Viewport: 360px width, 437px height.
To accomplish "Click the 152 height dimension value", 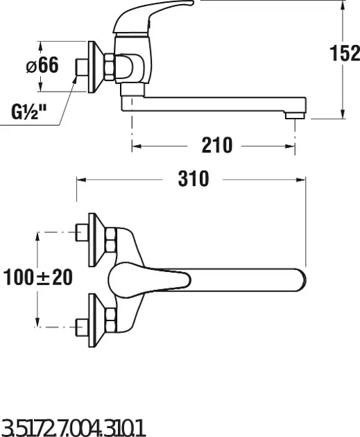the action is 345,53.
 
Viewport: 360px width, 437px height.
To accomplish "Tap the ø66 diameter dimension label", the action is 42,65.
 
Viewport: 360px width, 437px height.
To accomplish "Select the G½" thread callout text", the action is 28,112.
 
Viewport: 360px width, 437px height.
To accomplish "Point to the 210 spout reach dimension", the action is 217,145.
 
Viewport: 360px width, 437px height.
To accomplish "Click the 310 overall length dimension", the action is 194,179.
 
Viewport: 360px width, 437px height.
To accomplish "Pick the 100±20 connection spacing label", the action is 38,277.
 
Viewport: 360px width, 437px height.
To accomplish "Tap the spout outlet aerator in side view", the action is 295,115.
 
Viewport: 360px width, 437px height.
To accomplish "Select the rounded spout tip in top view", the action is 301,280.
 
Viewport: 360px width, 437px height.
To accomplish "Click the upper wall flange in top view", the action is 96,240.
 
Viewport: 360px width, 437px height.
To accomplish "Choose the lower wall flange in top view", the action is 96,320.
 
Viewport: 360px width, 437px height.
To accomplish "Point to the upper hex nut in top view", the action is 110,240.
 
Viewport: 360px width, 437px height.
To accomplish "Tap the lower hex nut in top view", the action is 110,320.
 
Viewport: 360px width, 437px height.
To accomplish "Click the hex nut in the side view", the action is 110,67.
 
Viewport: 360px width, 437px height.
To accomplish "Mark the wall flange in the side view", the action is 96,67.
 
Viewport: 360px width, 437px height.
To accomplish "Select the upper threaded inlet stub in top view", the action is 83,232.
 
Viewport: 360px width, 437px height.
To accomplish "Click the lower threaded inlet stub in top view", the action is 83,327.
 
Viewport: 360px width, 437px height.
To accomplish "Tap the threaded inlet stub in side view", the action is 83,67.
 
